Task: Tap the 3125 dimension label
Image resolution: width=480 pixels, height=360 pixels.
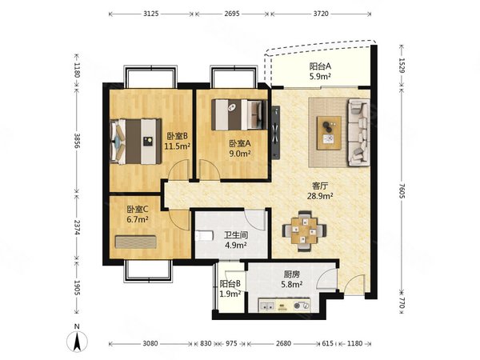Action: pos(151,14)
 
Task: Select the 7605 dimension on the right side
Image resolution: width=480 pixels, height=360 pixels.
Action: pos(402,190)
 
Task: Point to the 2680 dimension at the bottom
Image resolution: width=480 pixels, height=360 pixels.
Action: pos(283,343)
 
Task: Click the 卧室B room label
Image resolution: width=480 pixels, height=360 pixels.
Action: pos(178,136)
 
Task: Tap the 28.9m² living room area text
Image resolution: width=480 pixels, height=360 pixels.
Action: pos(320,196)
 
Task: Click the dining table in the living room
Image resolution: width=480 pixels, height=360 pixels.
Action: pos(305,230)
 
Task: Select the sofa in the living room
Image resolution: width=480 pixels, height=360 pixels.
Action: pos(358,132)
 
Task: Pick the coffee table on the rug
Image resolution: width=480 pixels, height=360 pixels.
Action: pos(329,133)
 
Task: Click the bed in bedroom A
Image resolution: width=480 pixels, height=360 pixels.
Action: pos(239,114)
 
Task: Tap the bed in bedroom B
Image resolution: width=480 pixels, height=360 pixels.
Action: pos(136,141)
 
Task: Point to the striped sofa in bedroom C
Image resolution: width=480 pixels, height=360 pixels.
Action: pos(136,242)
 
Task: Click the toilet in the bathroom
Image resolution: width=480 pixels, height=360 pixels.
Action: pos(204,236)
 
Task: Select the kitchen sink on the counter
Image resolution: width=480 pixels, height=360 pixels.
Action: pos(267,306)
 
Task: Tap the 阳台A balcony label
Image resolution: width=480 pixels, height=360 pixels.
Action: pos(320,66)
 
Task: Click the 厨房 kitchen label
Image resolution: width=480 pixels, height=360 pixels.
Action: pos(292,274)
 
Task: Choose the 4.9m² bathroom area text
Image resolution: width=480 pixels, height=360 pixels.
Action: pos(236,245)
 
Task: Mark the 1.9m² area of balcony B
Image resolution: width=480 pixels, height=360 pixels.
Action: pos(230,294)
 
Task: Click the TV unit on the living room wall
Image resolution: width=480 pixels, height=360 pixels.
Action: pos(275,132)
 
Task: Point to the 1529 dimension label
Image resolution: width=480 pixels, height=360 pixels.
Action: pos(402,66)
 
